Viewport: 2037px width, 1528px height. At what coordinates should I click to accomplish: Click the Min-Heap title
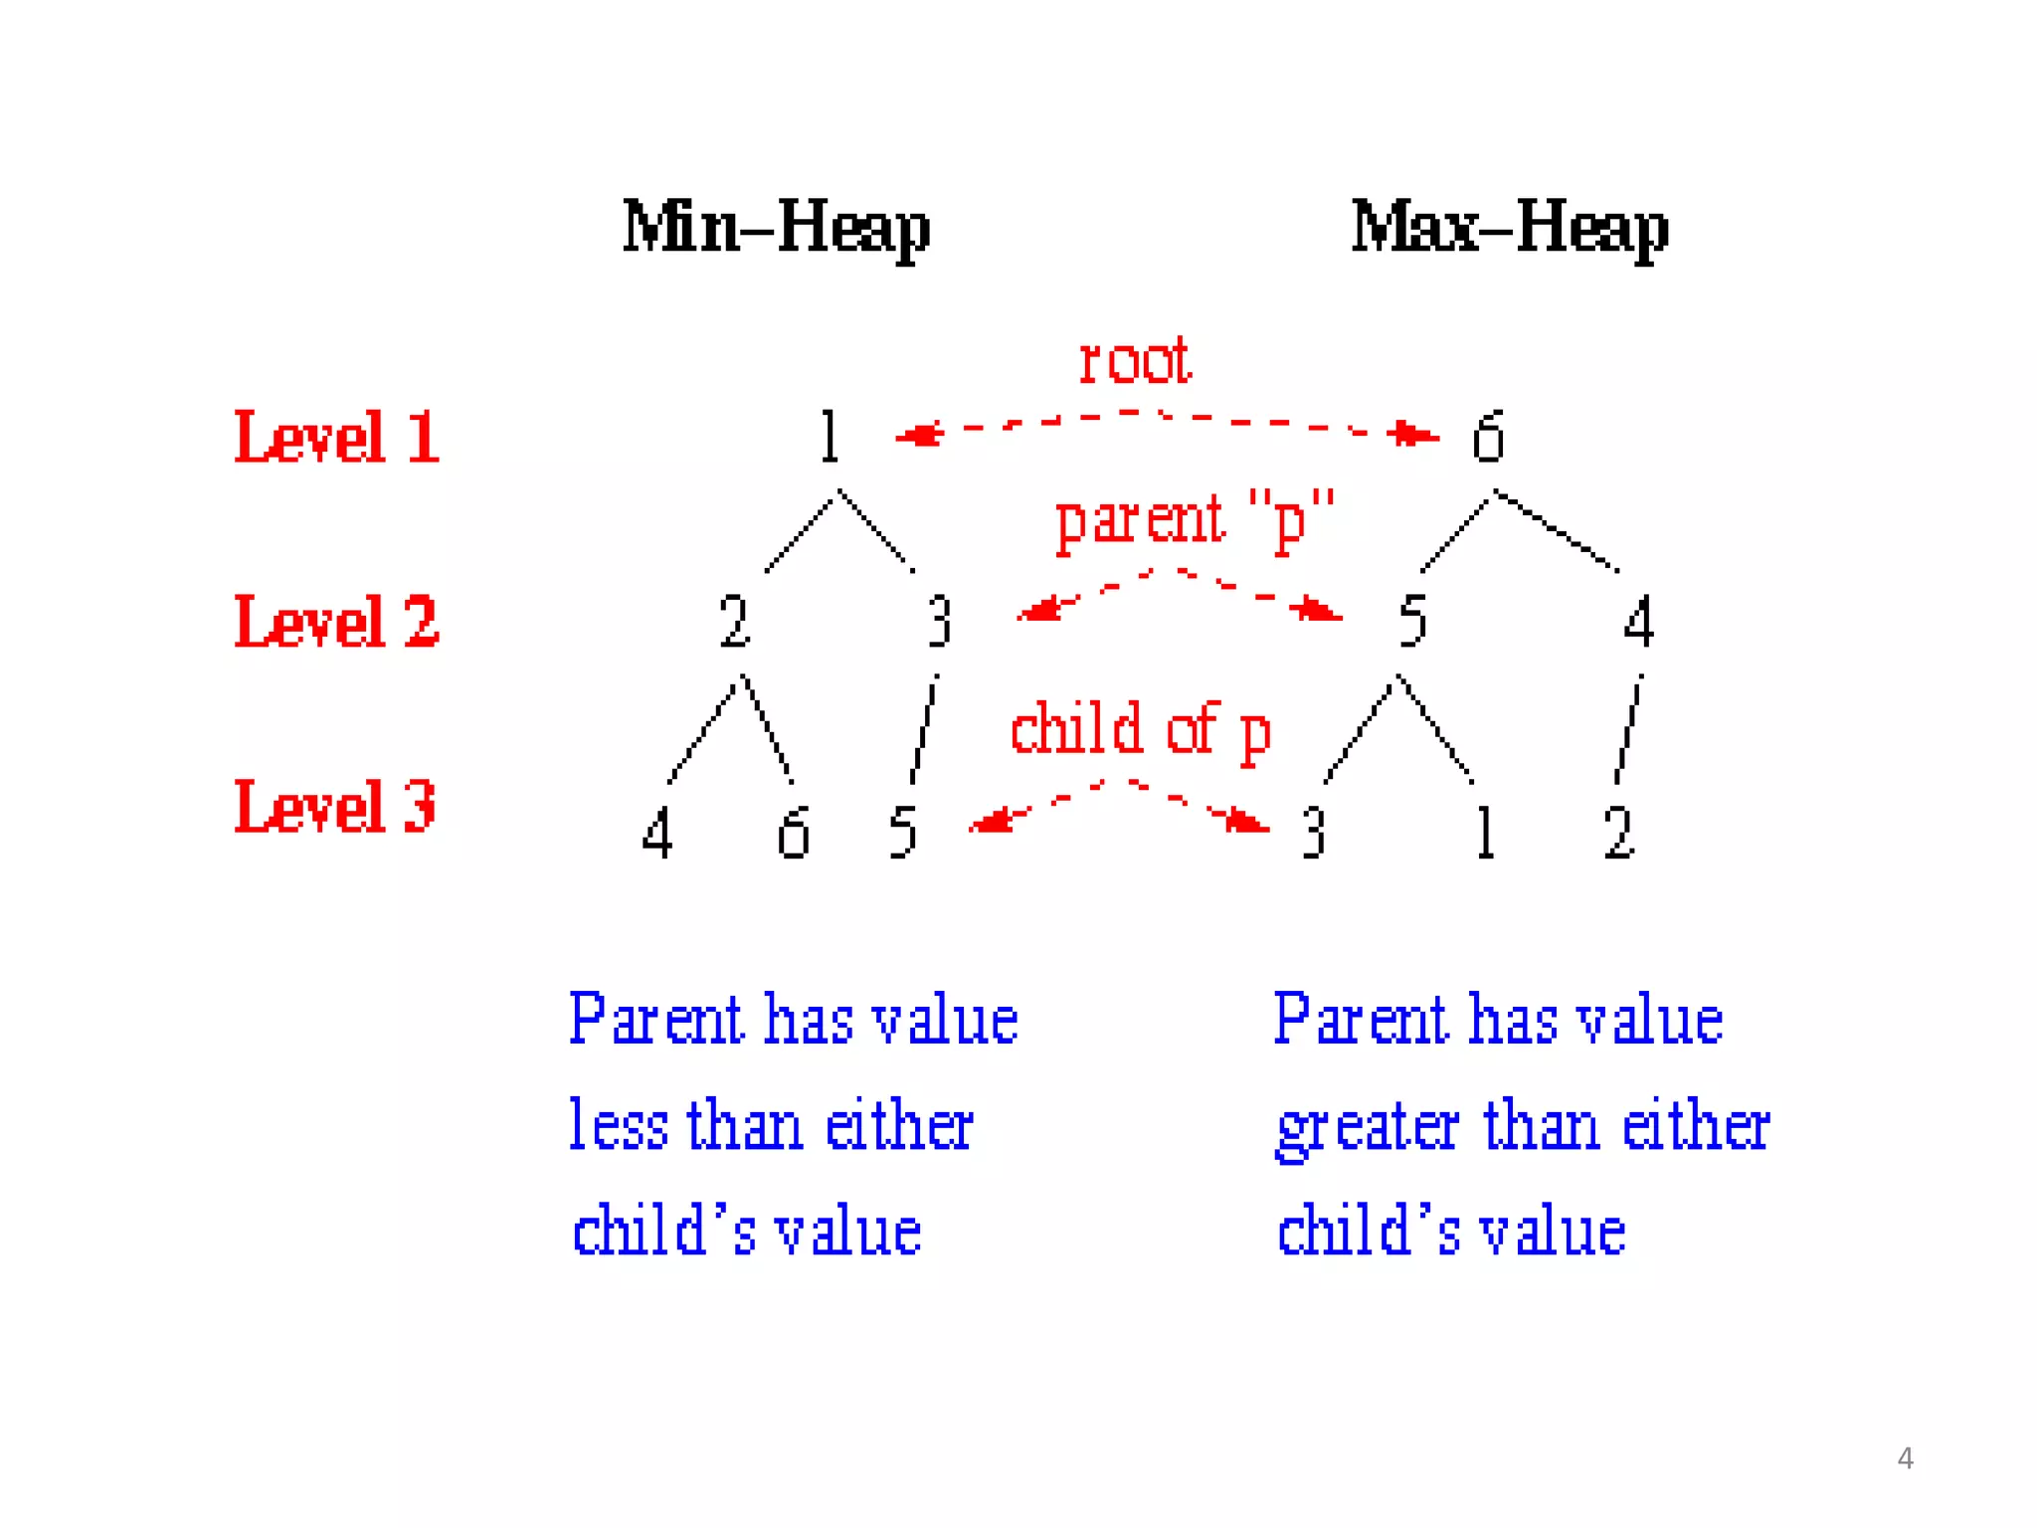[x=776, y=228]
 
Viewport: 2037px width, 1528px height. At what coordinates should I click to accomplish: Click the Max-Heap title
[x=1509, y=228]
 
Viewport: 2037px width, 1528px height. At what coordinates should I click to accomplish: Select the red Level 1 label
[x=336, y=437]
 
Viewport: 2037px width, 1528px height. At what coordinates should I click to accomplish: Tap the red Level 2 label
[x=336, y=622]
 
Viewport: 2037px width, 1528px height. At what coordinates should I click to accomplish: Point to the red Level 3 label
[x=335, y=807]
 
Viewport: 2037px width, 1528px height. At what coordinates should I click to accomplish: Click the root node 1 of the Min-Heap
[x=830, y=437]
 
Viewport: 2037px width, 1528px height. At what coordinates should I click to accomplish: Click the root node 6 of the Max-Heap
[x=1488, y=437]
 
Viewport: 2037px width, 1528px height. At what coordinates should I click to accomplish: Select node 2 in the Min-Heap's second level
[x=734, y=622]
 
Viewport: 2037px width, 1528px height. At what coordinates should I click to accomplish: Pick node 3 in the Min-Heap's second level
[x=939, y=622]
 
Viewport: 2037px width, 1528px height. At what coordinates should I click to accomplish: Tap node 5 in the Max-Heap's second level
[x=1412, y=622]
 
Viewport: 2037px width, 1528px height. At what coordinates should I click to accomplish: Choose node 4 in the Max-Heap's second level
[x=1638, y=622]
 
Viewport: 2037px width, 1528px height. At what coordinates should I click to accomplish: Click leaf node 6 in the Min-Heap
[x=793, y=833]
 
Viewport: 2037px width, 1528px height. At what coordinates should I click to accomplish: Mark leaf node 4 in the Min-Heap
[x=656, y=833]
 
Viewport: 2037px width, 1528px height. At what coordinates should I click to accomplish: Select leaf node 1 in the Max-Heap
[x=1486, y=833]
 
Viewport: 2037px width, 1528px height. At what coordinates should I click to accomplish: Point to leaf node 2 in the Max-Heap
[x=1619, y=833]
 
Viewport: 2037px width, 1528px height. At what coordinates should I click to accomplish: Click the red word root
[x=1135, y=360]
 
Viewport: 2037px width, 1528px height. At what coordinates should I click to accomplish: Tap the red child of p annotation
[x=1140, y=731]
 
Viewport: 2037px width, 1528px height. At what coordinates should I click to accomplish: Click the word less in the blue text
[x=618, y=1125]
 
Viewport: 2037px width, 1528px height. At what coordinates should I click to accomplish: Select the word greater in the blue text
[x=1368, y=1129]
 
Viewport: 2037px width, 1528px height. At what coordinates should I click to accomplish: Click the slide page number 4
[x=1905, y=1458]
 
